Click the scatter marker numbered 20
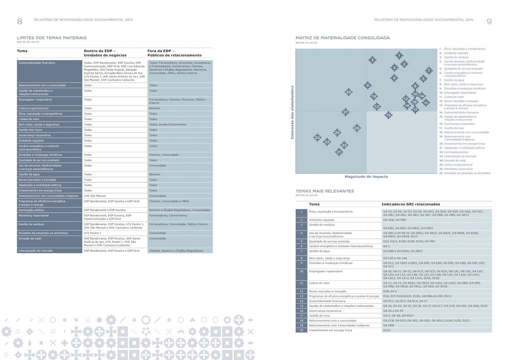point(348,92)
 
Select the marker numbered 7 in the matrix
point(429,71)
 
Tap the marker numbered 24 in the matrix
point(317,138)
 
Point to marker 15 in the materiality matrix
point(388,115)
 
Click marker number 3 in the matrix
point(372,60)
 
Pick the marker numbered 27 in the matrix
point(345,112)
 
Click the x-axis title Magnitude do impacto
point(366,177)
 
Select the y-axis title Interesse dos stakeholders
point(292,112)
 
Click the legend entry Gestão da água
point(454,80)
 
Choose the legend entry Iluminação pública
point(456,152)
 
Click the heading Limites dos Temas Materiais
point(52,38)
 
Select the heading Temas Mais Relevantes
point(325,191)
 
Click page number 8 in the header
point(20,21)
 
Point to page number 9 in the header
point(489,21)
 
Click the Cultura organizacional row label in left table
point(34,108)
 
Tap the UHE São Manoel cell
point(95,196)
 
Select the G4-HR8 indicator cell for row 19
point(388,326)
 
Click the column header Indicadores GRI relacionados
point(411,204)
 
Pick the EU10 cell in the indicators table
point(387,330)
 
